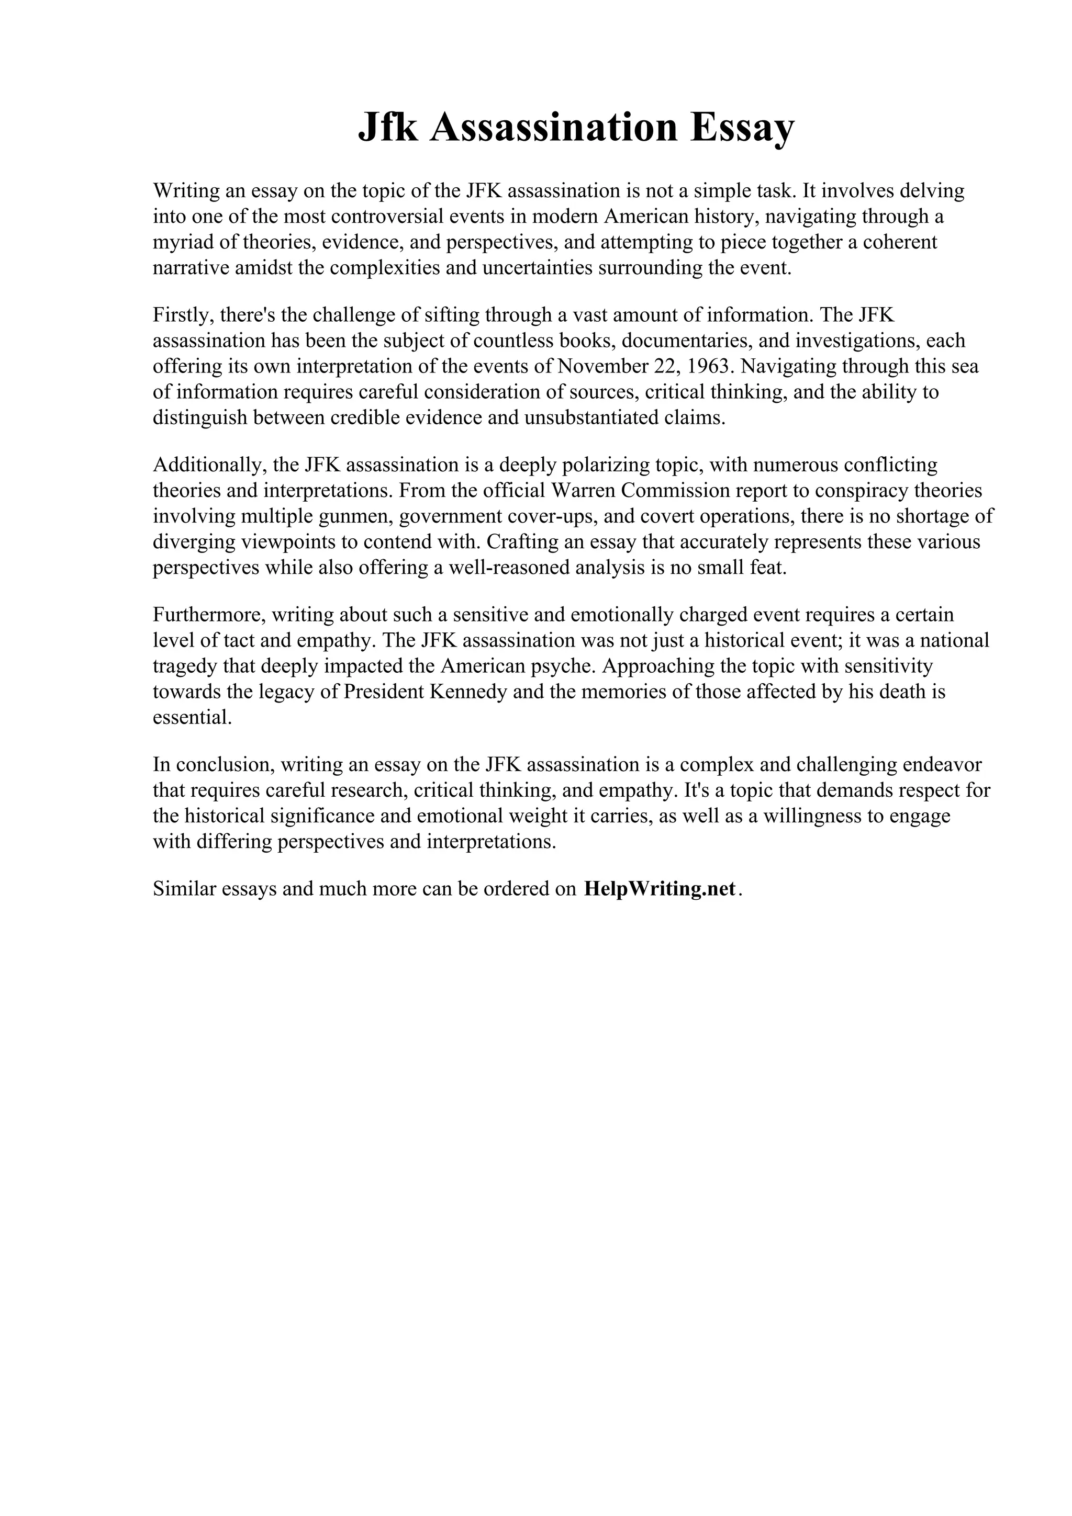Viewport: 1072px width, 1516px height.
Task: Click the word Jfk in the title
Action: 388,128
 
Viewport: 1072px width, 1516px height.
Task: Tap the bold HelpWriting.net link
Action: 659,889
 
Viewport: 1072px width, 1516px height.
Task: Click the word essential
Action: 192,718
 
